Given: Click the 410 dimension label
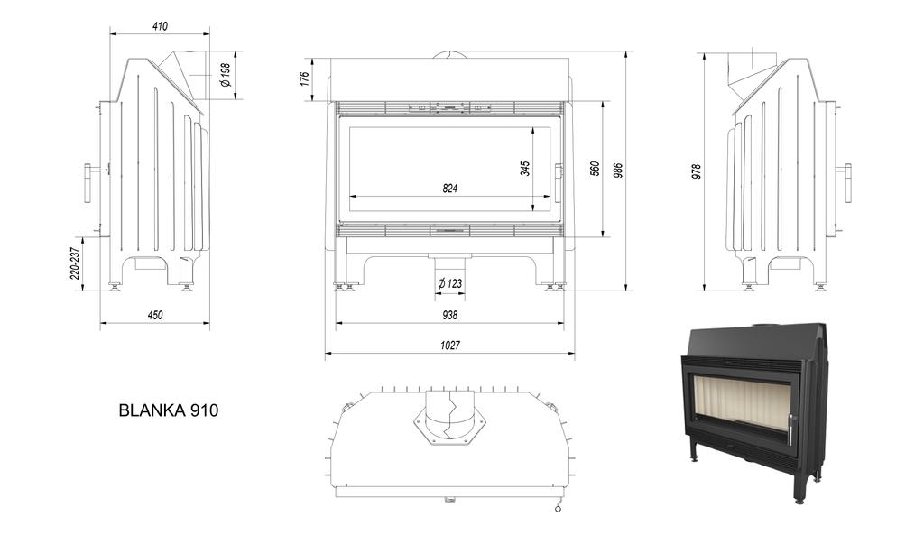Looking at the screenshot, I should pos(160,26).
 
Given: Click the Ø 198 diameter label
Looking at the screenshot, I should pos(226,75).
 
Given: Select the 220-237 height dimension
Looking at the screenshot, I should pos(76,263).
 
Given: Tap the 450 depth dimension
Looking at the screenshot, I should pos(155,315).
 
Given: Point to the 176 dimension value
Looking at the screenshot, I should pos(305,78).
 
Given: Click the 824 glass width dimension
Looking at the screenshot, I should pos(450,189).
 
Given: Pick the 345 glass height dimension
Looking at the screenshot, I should pos(525,168).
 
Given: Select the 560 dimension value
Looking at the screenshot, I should pos(595,169).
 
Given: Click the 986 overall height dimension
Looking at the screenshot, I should pos(618,170).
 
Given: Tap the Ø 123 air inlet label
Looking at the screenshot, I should pos(449,283).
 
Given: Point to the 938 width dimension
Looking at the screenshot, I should pos(450,315).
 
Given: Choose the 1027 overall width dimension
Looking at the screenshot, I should pos(450,346).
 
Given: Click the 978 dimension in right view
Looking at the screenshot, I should pos(696,171).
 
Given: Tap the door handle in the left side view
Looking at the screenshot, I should pos(88,183).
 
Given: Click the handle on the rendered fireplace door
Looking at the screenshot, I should pos(790,429).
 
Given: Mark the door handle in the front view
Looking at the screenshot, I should pos(559,183).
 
